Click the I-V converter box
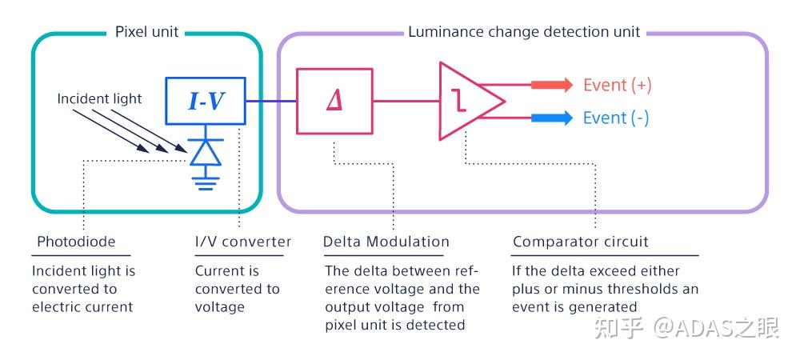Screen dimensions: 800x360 pos(206,101)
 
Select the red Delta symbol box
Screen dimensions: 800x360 pos(334,101)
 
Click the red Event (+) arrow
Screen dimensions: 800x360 pos(552,85)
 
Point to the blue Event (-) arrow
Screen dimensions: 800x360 pos(552,118)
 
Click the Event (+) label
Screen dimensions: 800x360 pos(618,85)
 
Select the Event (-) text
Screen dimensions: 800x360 pos(616,118)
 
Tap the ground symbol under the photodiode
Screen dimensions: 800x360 pos(206,182)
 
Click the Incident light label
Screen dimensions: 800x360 pos(99,98)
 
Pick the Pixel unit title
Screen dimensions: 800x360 pos(147,32)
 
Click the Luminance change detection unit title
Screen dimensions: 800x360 pos(524,32)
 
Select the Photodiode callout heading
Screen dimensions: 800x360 pos(77,241)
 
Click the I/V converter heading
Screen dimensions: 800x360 pos(243,241)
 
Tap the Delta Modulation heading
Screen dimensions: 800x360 pos(386,241)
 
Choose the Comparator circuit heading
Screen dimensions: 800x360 pos(581,241)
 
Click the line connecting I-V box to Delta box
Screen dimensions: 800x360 pos(271,101)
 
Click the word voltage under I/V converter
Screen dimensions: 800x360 pos(220,307)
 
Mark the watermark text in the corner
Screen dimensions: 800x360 pos(686,328)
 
